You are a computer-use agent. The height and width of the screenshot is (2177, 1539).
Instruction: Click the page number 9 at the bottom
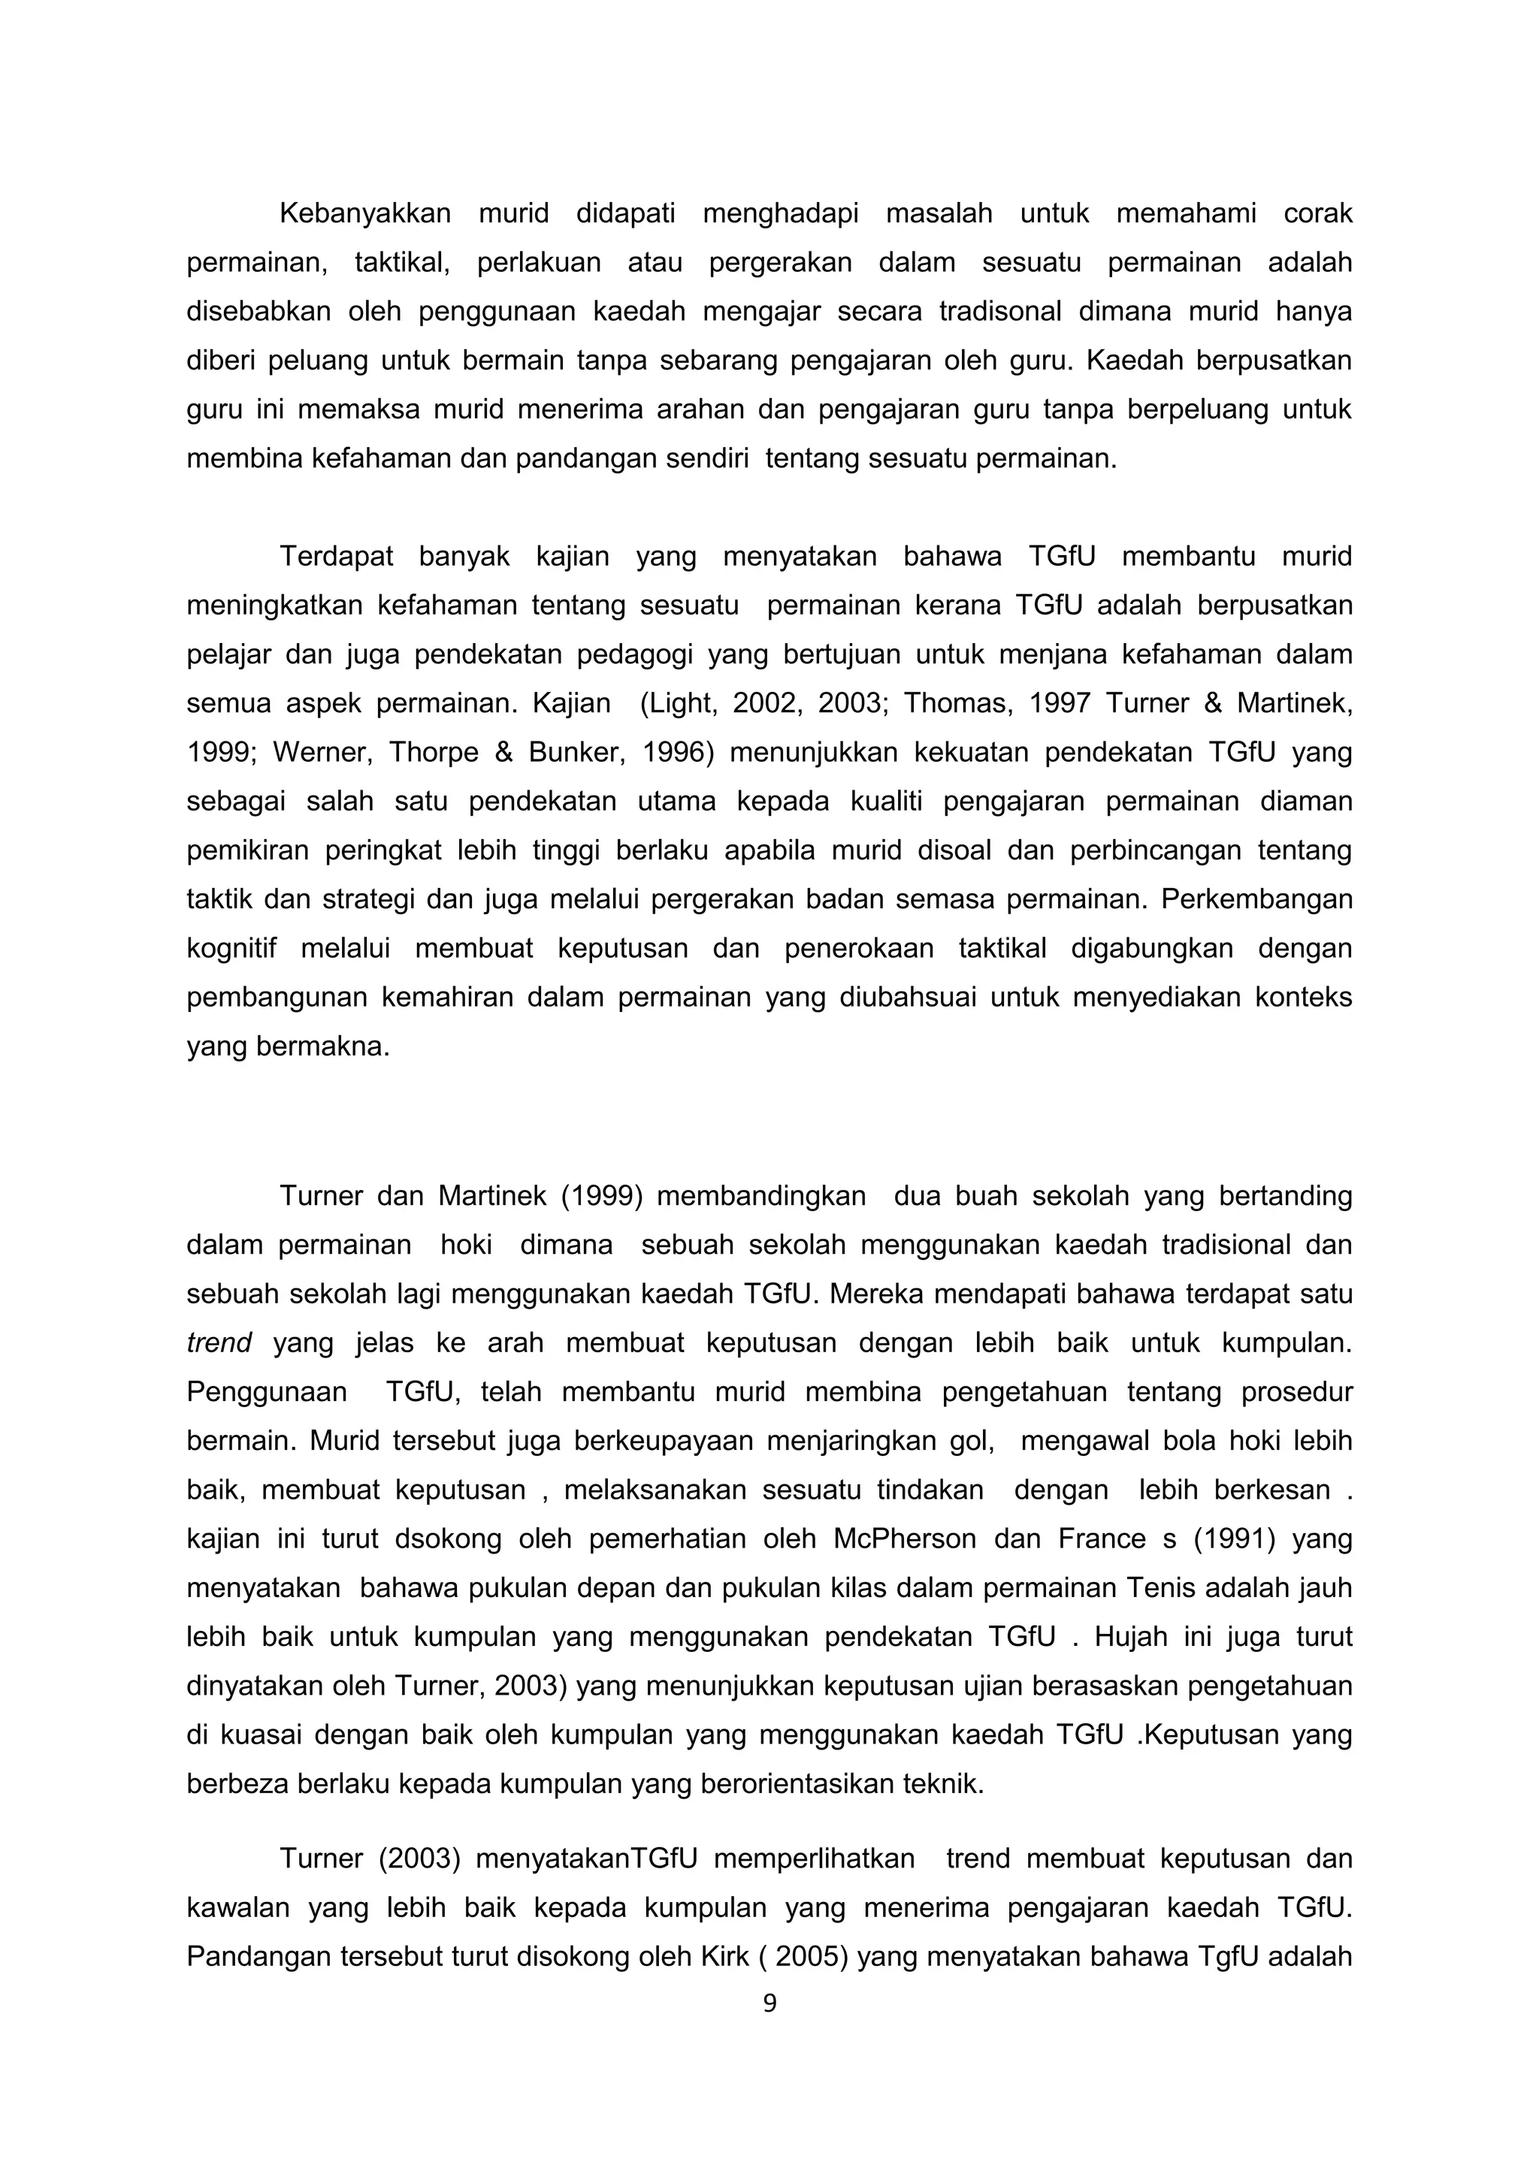769,2003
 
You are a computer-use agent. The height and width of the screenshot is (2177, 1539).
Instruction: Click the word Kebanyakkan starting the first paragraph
364,213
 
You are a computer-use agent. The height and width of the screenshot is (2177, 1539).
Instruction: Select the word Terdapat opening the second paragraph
336,557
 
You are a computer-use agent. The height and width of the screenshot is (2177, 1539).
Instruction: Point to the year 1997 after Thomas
1053,704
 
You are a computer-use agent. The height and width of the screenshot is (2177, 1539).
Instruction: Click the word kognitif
231,949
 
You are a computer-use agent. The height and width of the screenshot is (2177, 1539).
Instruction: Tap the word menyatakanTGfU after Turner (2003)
586,1858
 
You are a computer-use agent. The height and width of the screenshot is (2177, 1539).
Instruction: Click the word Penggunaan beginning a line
267,1393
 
